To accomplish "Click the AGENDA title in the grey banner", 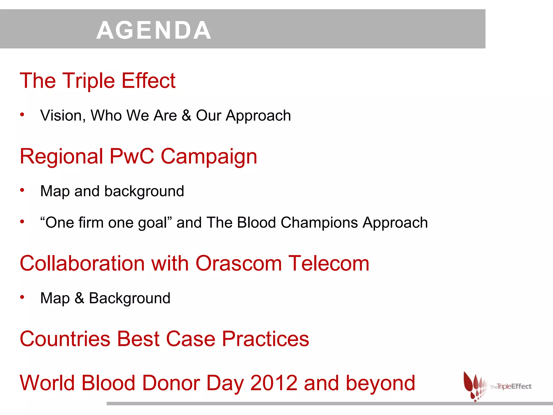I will (154, 30).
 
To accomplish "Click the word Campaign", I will (209, 157).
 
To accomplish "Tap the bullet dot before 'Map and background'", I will (22, 190).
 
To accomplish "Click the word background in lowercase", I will (144, 192).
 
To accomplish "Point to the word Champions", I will (319, 223).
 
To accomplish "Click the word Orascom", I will (238, 263).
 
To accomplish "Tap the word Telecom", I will (329, 263).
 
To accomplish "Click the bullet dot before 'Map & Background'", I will (22, 297).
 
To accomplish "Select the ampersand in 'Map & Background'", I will (79, 298).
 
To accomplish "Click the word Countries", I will (65, 339).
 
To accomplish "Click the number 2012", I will (274, 383).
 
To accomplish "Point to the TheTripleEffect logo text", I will (510, 387).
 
